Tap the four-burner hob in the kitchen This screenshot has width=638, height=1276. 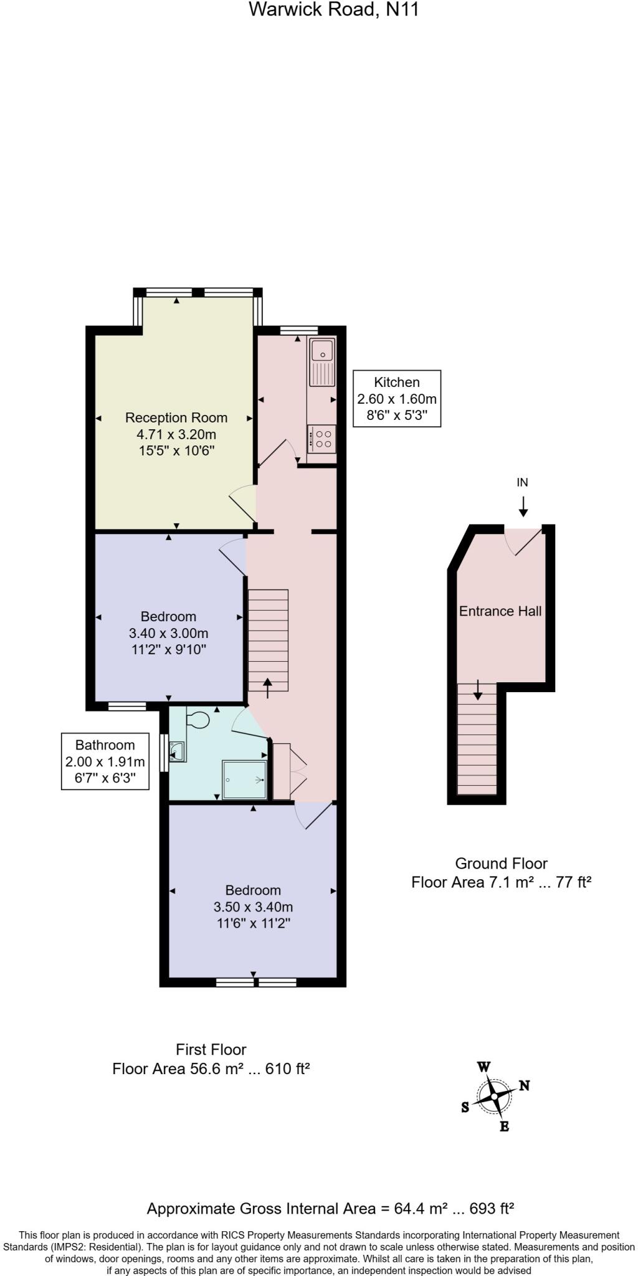pos(323,439)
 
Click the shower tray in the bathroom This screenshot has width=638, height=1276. pos(245,779)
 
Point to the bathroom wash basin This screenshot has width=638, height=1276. pos(177,751)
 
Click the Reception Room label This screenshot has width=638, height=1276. pos(176,417)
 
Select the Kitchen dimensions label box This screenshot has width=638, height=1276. pos(397,399)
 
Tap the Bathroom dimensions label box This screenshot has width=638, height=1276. pos(105,761)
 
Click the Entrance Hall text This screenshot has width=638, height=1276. pos(500,611)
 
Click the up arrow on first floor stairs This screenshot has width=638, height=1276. pos(268,687)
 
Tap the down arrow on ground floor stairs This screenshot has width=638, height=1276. pos(478,690)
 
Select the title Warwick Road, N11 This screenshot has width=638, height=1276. pos(333,9)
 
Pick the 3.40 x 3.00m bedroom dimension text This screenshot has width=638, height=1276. pos(168,633)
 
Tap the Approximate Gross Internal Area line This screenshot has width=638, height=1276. pos(330,1209)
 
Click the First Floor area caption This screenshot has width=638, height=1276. pos(211,1059)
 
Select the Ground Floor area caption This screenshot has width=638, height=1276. pos(501,873)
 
